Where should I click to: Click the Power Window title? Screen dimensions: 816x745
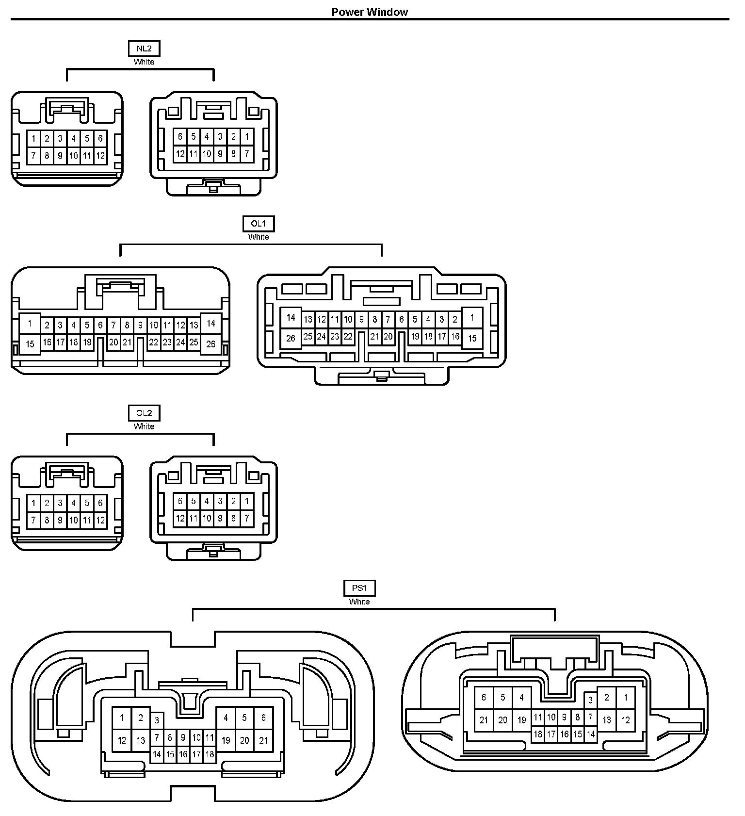click(370, 12)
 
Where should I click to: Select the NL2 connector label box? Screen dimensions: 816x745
click(144, 49)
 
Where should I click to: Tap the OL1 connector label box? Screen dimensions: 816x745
click(259, 224)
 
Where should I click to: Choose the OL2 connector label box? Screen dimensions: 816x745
click(144, 413)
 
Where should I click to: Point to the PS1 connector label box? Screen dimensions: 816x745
click(359, 588)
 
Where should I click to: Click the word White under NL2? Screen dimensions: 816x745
click(144, 62)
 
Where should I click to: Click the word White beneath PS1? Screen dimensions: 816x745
click(359, 602)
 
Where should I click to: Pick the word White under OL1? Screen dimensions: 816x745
click(259, 237)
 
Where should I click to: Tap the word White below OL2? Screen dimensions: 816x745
click(144, 427)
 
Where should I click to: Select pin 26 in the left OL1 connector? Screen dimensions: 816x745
click(211, 344)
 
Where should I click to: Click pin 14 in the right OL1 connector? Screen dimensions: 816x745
click(291, 318)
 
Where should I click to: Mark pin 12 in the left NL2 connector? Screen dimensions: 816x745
click(100, 156)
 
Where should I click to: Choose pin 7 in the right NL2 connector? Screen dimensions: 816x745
click(247, 154)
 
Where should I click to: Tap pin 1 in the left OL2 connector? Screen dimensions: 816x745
click(33, 503)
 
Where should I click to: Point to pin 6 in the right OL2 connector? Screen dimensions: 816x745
click(180, 501)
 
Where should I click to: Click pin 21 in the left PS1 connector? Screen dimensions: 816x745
click(263, 740)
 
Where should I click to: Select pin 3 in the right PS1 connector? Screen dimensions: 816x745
click(590, 700)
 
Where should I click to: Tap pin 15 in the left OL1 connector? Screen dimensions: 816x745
click(30, 344)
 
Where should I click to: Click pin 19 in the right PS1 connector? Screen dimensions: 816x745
click(522, 720)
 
